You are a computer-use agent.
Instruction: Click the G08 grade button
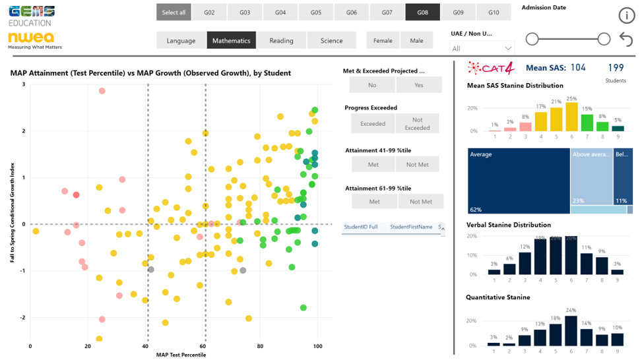423,13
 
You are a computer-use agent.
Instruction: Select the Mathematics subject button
231,40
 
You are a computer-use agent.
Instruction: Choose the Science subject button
331,40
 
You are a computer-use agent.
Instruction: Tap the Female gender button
383,40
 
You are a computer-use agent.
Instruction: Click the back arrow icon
626,40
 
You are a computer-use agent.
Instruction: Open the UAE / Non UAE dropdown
482,48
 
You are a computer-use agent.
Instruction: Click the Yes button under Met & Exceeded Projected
419,85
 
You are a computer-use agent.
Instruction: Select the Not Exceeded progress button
417,123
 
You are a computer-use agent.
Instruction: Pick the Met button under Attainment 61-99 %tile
374,201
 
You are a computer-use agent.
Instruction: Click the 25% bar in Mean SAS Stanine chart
571,117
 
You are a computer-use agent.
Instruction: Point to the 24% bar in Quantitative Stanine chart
571,330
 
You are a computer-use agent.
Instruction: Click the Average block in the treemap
519,181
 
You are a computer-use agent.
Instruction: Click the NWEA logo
31,38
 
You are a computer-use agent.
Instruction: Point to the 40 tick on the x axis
145,346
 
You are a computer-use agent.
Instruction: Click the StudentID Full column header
360,227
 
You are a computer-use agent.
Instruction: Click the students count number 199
616,67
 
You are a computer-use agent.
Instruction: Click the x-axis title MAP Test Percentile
181,355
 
